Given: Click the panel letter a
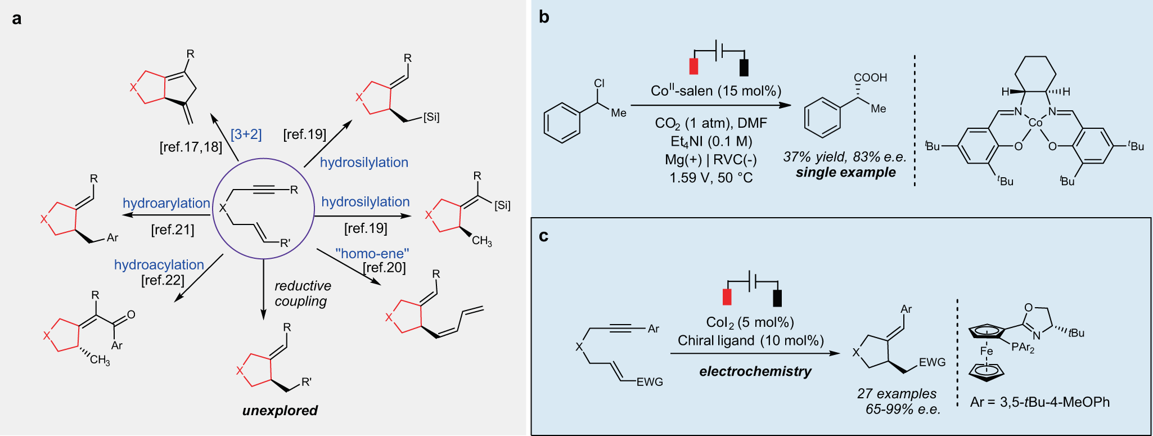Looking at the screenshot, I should [x=17, y=19].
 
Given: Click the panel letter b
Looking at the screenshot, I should [x=544, y=17].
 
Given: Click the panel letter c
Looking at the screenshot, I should [x=543, y=236].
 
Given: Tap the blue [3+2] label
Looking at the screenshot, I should [x=246, y=134].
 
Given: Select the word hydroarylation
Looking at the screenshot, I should [x=166, y=203].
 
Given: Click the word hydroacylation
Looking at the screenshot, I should [x=159, y=264].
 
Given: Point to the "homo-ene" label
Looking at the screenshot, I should [x=372, y=254].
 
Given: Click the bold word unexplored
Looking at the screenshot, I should [x=280, y=410].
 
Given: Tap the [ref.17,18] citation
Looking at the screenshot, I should [x=191, y=147].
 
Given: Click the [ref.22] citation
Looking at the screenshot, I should [x=163, y=280].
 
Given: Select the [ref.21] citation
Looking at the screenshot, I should [x=173, y=230].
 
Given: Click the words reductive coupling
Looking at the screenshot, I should [x=303, y=293].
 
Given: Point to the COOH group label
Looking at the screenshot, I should [x=870, y=78].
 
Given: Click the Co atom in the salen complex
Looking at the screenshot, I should [x=1035, y=123].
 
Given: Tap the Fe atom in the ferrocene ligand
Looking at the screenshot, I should [x=987, y=351].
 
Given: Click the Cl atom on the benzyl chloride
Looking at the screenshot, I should [x=599, y=83].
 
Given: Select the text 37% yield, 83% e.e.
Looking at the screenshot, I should [x=844, y=157].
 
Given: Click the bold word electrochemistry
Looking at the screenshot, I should [x=755, y=371].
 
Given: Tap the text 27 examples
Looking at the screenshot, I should [x=897, y=394].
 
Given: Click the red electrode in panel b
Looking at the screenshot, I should [x=693, y=66].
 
